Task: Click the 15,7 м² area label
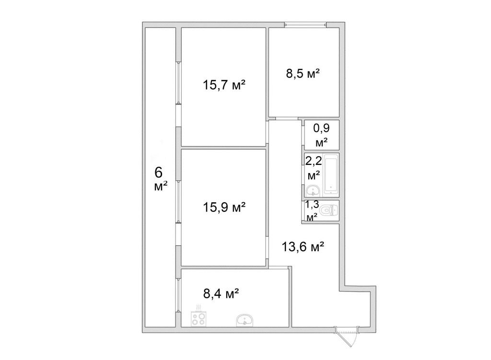tap(224, 85)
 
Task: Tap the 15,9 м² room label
tap(224, 207)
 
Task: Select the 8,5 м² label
tap(303, 74)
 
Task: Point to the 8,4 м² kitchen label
tap(222, 294)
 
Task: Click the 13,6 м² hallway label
tap(303, 247)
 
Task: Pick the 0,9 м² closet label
tap(322, 135)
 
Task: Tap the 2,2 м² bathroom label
tap(314, 168)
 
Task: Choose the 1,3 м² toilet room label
tap(312, 210)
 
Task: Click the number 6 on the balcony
tap(159, 173)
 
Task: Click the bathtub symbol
tap(331, 174)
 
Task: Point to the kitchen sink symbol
tap(245, 320)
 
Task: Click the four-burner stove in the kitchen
tap(198, 319)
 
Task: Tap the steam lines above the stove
tap(198, 307)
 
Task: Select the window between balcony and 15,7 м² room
tap(178, 82)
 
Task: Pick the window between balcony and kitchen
tap(178, 295)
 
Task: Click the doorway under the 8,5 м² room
tap(287, 118)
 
